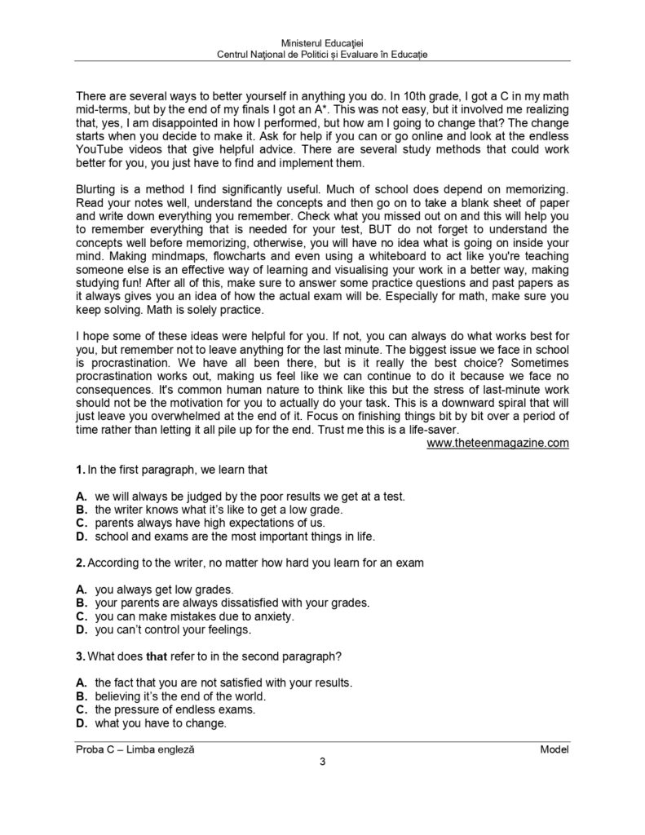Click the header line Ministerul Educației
pyautogui.click(x=323, y=42)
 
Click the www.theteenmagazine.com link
pyautogui.click(x=497, y=443)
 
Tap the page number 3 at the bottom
pyautogui.click(x=322, y=762)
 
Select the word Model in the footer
pyautogui.click(x=554, y=749)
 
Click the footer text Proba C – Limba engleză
pyautogui.click(x=135, y=749)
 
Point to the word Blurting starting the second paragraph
pyautogui.click(x=96, y=189)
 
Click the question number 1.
pyautogui.click(x=79, y=470)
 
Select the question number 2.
pyautogui.click(x=79, y=563)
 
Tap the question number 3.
pyautogui.click(x=79, y=656)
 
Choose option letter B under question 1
pyautogui.click(x=80, y=510)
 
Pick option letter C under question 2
pyautogui.click(x=80, y=616)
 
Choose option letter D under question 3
pyautogui.click(x=80, y=722)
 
